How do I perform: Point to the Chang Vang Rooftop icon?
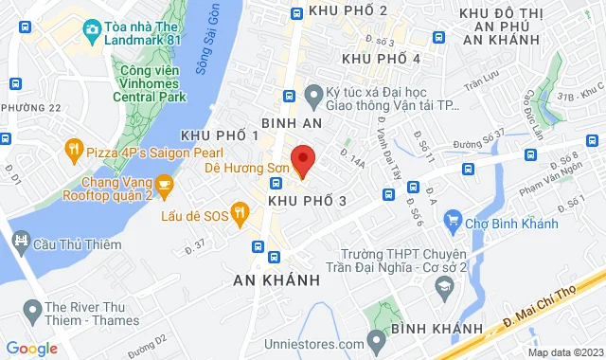click(x=164, y=184)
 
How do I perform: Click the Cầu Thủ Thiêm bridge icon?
click(x=20, y=243)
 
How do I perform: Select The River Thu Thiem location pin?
click(x=33, y=308)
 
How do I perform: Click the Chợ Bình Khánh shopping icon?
click(x=454, y=223)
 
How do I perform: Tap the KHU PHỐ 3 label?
click(x=307, y=202)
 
